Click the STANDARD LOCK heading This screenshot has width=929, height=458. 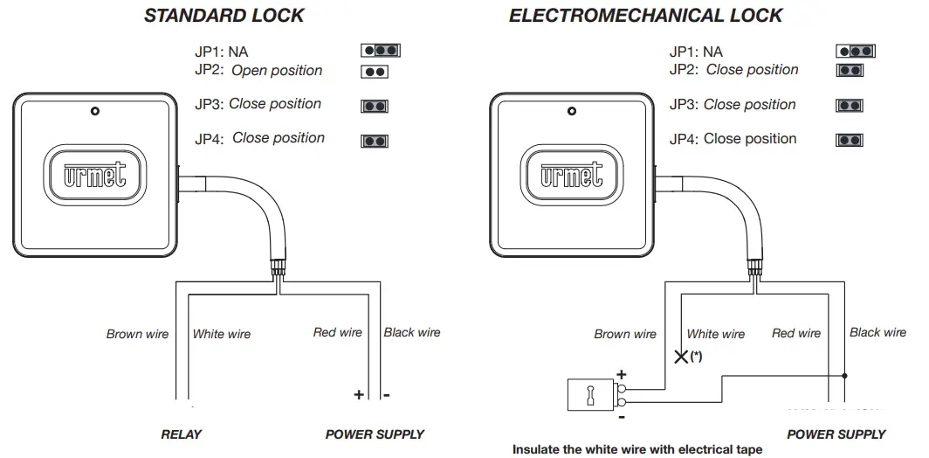click(224, 16)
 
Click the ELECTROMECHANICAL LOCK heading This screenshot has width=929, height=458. click(646, 16)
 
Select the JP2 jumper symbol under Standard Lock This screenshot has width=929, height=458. click(375, 73)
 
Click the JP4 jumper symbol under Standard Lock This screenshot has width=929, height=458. click(375, 140)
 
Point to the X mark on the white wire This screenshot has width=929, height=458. click(680, 356)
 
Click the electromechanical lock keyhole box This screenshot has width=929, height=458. click(589, 395)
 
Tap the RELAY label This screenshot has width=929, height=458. click(182, 434)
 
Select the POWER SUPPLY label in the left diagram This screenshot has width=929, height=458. click(375, 434)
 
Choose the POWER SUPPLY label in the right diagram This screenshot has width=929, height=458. click(836, 434)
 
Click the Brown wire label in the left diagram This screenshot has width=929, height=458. click(137, 334)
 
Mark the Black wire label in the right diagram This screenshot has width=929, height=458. click(877, 332)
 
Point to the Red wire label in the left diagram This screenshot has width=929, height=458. click(337, 332)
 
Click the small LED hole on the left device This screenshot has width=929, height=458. click(94, 112)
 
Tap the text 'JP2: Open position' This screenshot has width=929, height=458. click(258, 71)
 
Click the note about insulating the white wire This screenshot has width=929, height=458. click(637, 450)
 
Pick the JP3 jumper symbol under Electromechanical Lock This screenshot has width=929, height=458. click(850, 106)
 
